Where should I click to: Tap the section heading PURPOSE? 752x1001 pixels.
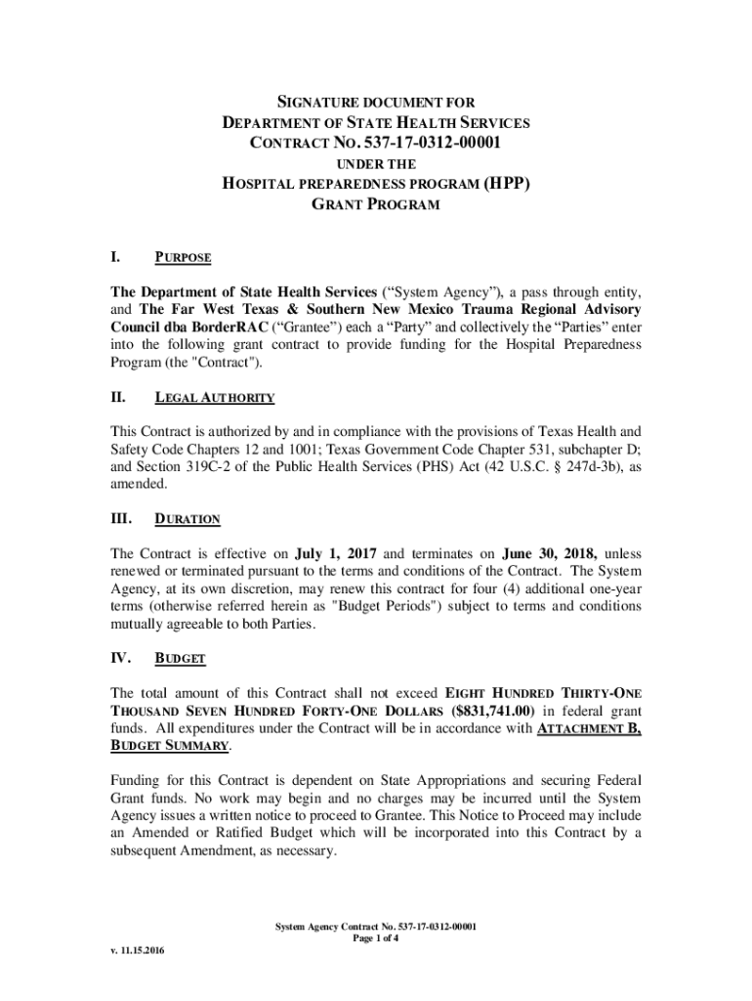pos(184,258)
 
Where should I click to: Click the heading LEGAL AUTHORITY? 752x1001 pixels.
pos(215,398)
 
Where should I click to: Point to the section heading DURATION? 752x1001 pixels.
pos(188,519)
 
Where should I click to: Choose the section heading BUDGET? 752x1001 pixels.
pos(181,658)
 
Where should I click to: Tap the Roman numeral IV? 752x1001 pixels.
pos(120,658)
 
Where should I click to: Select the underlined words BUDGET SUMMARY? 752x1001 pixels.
pos(170,746)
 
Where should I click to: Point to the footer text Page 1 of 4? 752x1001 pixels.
pos(375,939)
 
